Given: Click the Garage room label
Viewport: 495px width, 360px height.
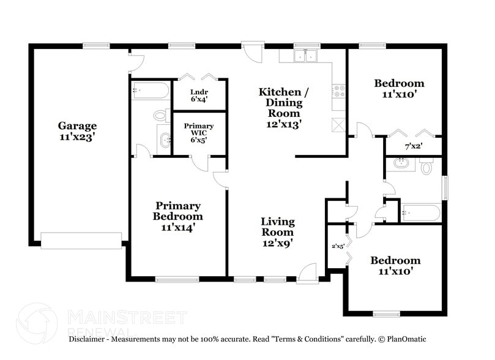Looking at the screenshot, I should click(77, 126).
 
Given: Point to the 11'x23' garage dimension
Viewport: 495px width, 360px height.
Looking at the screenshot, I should click(77, 137).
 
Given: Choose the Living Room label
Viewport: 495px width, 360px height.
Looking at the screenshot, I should click(277, 227).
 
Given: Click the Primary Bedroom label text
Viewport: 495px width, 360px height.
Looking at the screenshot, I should click(177, 211).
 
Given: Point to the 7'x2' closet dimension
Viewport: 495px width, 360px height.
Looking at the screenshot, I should click(414, 147).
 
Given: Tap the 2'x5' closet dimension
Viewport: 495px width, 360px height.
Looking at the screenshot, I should click(337, 246).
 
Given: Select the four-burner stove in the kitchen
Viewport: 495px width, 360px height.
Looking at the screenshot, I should click(338, 92).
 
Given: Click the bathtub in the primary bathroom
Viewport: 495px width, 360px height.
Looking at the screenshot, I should click(151, 91).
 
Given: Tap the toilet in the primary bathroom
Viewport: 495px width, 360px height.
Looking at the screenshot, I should click(161, 115).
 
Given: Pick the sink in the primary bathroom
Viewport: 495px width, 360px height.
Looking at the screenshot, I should click(165, 140).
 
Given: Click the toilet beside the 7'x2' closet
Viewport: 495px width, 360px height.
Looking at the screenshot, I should click(426, 166).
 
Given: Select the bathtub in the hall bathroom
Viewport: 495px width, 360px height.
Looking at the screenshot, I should click(420, 213).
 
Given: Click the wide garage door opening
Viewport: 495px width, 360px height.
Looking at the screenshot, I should click(81, 241).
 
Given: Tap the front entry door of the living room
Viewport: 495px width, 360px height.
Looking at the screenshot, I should click(307, 273).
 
